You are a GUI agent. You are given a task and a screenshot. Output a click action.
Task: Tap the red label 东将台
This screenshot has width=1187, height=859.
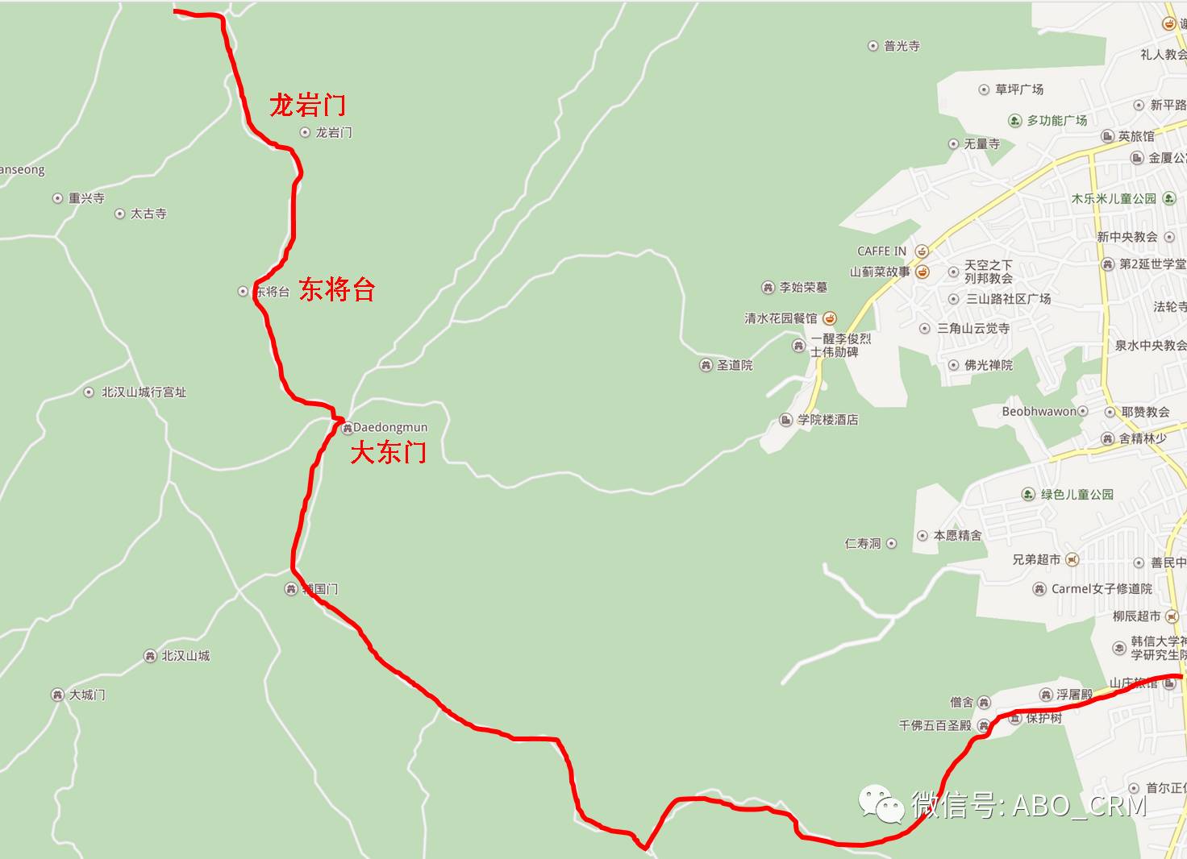337,289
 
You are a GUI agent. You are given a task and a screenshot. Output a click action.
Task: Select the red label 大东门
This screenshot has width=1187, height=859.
388,453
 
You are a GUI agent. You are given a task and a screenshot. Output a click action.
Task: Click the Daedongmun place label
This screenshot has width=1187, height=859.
390,427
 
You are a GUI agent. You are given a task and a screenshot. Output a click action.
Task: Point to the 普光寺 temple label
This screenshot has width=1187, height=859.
902,46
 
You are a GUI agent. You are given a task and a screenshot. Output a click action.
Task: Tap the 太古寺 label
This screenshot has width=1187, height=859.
148,214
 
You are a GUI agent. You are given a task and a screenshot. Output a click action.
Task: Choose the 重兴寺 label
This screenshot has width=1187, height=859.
86,198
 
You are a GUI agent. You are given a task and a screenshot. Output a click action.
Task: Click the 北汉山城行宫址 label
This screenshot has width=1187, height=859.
144,392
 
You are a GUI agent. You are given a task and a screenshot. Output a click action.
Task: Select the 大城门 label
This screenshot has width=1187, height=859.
87,695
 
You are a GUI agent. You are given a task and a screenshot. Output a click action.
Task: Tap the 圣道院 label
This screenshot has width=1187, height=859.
735,365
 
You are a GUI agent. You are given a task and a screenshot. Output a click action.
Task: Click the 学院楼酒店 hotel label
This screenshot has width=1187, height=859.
827,420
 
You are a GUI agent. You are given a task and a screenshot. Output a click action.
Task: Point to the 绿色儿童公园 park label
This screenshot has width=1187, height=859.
1077,494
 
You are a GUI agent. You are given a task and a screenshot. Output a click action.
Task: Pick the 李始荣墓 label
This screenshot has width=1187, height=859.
803,288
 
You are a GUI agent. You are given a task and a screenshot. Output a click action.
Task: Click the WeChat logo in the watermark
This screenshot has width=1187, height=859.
881,804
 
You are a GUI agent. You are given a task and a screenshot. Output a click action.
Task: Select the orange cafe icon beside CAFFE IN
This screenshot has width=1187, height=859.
922,251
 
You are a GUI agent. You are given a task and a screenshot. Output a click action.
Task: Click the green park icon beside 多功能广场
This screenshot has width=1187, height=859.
1015,121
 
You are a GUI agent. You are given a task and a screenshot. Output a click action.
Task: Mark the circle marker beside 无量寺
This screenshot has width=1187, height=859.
954,144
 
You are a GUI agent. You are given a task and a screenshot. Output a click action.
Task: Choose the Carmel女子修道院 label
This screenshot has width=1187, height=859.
1102,589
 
